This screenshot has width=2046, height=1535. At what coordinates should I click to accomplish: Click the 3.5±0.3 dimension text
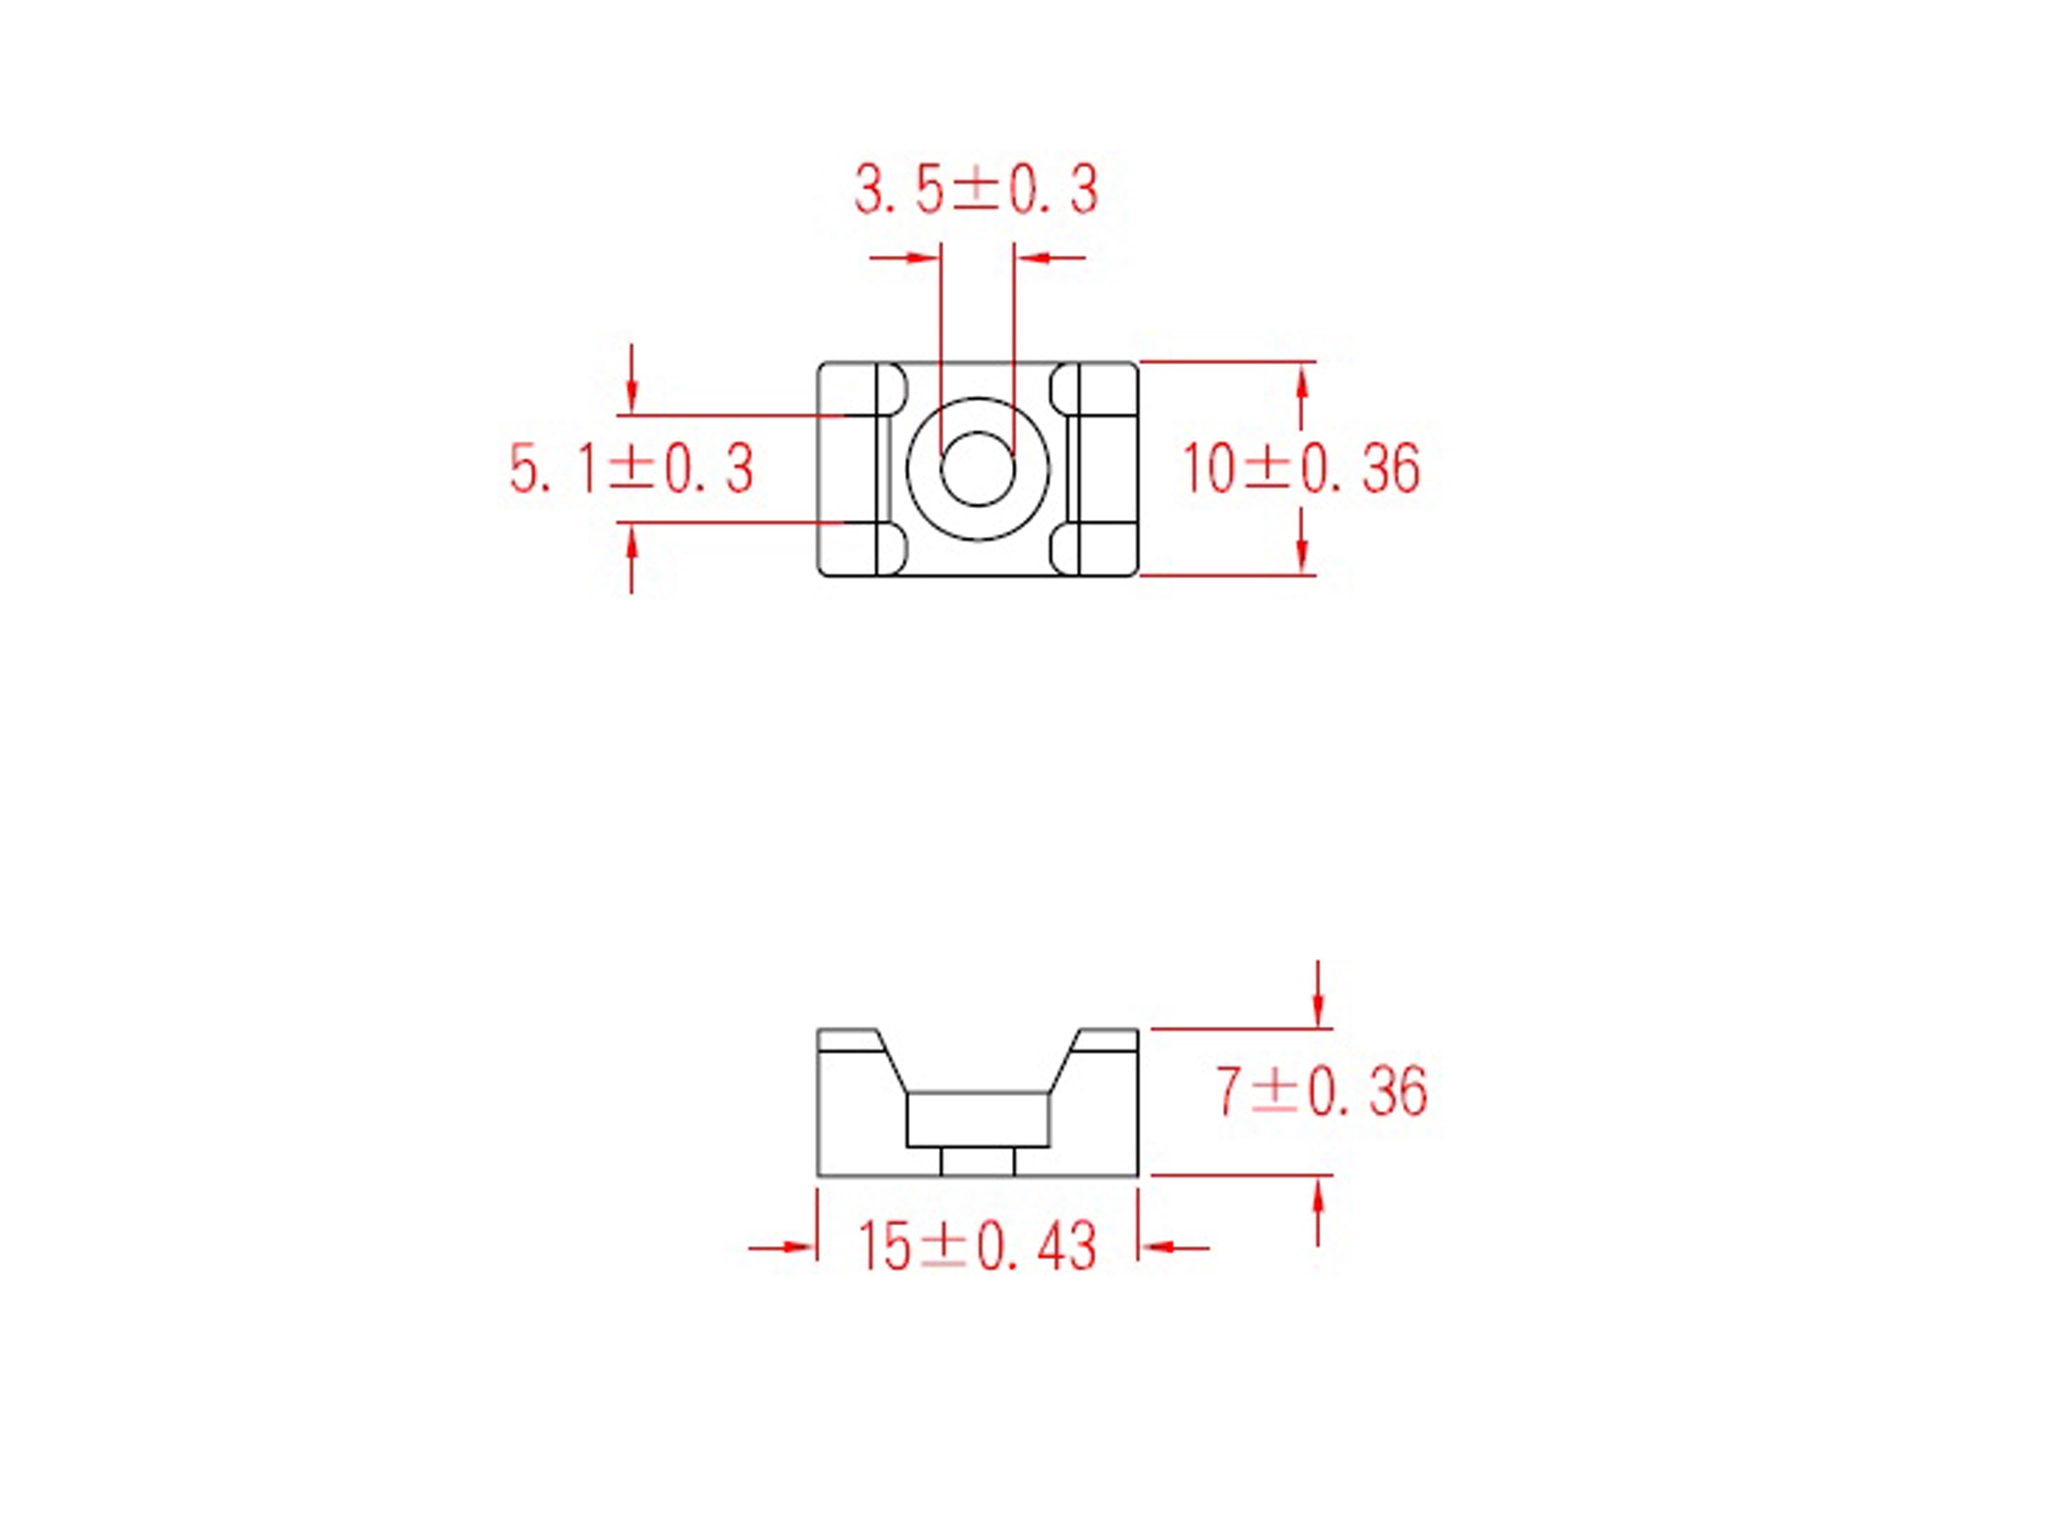click(x=976, y=191)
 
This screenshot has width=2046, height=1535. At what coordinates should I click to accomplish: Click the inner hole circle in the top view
click(x=977, y=468)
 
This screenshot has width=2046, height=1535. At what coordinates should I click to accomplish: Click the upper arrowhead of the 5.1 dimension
click(x=632, y=399)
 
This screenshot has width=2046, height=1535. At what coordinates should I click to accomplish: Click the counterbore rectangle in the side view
click(x=977, y=1120)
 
